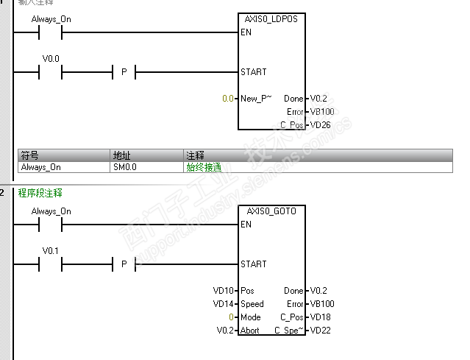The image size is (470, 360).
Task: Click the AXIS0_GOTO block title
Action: click(x=271, y=211)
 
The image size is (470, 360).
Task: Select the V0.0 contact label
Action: click(x=51, y=57)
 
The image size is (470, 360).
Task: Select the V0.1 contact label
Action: click(x=51, y=250)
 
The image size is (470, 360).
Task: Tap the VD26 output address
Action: click(x=320, y=125)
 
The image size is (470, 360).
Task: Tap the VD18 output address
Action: click(x=320, y=317)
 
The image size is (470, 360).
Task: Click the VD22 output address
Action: click(x=320, y=331)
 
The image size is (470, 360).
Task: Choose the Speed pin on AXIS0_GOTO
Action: click(x=252, y=304)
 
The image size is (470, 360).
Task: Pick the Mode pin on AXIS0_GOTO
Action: click(x=251, y=317)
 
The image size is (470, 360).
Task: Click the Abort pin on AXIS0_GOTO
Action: click(x=250, y=331)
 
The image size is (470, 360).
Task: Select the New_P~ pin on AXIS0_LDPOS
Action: click(x=256, y=99)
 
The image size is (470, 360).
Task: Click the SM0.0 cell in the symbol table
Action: click(x=124, y=167)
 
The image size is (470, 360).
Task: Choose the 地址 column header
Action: click(x=121, y=156)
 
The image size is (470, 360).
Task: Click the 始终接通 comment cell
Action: click(x=202, y=167)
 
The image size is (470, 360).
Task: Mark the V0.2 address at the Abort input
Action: click(x=225, y=331)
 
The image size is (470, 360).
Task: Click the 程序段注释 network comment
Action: click(x=40, y=193)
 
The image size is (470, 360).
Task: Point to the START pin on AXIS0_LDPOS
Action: click(x=253, y=72)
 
